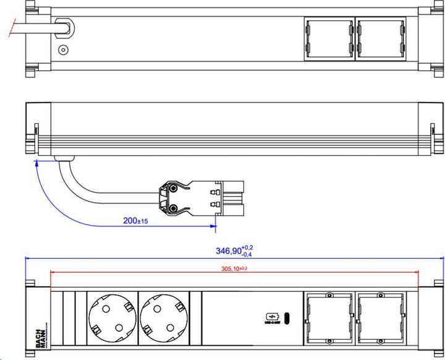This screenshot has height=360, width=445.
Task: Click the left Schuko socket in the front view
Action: (112, 317)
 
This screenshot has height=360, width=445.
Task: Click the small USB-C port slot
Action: (289, 318)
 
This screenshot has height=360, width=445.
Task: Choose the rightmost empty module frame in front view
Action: (380, 317)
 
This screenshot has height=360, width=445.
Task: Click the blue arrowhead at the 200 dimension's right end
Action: (214, 227)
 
